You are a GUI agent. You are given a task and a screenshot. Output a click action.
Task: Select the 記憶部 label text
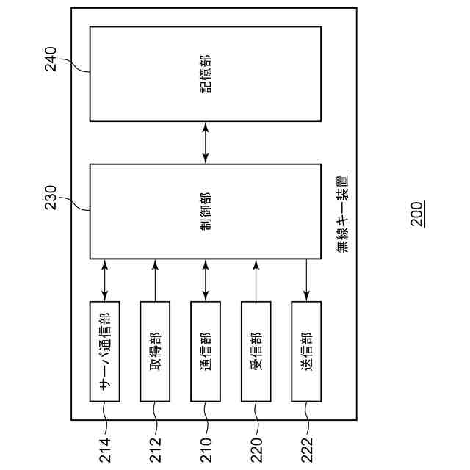point(206,74)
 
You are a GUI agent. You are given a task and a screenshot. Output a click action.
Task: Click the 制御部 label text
point(206,211)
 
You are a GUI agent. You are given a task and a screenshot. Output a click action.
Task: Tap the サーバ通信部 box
point(104,351)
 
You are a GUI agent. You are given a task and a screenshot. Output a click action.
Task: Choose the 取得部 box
point(155,351)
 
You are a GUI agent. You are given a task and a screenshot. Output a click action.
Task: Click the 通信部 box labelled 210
point(206,351)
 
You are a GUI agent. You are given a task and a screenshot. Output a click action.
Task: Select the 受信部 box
point(256,351)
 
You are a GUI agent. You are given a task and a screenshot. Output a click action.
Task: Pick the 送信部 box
point(307,351)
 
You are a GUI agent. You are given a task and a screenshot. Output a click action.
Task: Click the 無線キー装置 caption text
point(342,214)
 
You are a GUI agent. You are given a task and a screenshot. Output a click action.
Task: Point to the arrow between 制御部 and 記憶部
point(206,142)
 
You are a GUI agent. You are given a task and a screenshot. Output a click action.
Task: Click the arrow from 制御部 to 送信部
point(307,280)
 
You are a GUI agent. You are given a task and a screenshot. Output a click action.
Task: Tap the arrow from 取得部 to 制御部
point(155,280)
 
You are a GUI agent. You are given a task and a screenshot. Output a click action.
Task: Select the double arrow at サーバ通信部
point(104,280)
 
